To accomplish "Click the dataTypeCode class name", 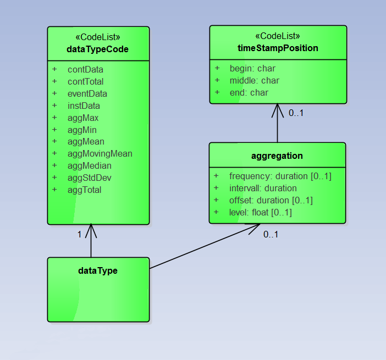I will (97, 49).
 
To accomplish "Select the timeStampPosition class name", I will (278, 48).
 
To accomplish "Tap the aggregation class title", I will (277, 156).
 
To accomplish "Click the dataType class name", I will (98, 270).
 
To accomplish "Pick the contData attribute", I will (85, 70).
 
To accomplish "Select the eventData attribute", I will (87, 93).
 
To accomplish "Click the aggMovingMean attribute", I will (100, 153).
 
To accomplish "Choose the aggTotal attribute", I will (84, 190).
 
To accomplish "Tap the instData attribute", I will (84, 106).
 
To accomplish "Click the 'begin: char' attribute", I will (252, 69).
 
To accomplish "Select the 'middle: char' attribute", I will (254, 81).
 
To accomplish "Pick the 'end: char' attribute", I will (249, 92).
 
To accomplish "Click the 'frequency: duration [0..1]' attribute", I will (280, 176).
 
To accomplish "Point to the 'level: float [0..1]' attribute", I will (261, 212).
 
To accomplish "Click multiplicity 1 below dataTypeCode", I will (79, 234).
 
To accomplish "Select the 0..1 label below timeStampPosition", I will (296, 113).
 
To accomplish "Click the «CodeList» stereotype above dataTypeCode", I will (97, 37).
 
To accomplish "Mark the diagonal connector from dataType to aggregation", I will (203, 246).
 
